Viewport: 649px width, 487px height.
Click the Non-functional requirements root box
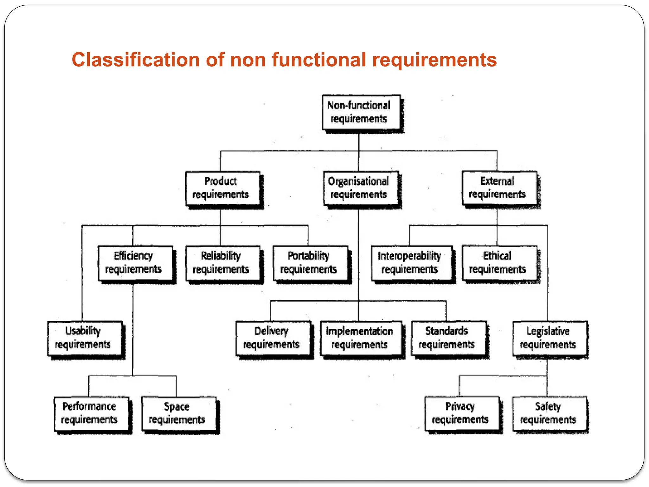[x=361, y=112]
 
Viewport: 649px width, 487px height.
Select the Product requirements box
[x=222, y=188]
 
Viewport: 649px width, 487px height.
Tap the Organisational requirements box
[x=361, y=188]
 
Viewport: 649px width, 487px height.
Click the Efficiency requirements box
[x=135, y=263]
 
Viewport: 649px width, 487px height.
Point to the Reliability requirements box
[x=222, y=263]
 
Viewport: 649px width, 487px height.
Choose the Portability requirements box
[x=310, y=263]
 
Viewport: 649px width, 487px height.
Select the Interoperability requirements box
[x=411, y=263]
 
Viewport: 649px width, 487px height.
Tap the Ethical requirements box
[x=499, y=263]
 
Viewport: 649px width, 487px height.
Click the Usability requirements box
[x=85, y=338]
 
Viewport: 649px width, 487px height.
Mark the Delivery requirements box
[x=273, y=338]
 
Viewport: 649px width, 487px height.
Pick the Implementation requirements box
[x=361, y=338]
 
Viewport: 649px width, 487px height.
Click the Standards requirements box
[x=448, y=338]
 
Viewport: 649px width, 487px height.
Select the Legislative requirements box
[x=549, y=338]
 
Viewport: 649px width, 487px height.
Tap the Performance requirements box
[x=91, y=413]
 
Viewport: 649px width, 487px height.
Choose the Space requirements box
[x=179, y=413]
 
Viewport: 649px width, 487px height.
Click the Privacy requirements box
[x=462, y=413]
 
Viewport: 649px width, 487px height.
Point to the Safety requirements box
[x=549, y=413]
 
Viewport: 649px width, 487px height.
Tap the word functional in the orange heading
[x=319, y=60]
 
